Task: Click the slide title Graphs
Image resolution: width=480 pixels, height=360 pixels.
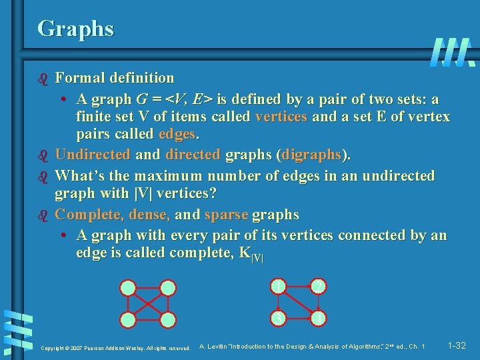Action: pyautogui.click(x=75, y=28)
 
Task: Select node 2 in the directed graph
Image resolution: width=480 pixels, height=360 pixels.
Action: pyautogui.click(x=319, y=287)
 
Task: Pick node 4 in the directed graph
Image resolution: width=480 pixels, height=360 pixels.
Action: pyautogui.click(x=319, y=319)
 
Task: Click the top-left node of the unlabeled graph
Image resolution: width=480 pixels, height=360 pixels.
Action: pyautogui.click(x=128, y=288)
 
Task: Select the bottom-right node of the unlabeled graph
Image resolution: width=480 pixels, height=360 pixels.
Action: pyautogui.click(x=168, y=319)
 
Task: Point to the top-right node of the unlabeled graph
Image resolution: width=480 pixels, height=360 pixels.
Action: pyautogui.click(x=168, y=288)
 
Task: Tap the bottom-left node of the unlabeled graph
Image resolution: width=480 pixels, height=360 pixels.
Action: pyautogui.click(x=128, y=319)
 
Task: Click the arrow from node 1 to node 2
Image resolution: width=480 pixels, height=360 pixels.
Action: pyautogui.click(x=299, y=287)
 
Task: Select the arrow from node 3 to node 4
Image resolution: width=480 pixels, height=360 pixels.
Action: pyautogui.click(x=299, y=319)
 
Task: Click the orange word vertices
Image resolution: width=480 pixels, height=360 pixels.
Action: pyautogui.click(x=281, y=117)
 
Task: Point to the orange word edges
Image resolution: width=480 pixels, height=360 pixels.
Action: pyautogui.click(x=179, y=133)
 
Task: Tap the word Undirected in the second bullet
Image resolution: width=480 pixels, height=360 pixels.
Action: pyautogui.click(x=93, y=155)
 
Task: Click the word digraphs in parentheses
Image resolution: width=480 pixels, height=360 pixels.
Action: pyautogui.click(x=312, y=155)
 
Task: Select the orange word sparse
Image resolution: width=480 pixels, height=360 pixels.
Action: pyautogui.click(x=226, y=215)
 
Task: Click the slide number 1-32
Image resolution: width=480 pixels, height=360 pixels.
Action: pyautogui.click(x=457, y=346)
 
